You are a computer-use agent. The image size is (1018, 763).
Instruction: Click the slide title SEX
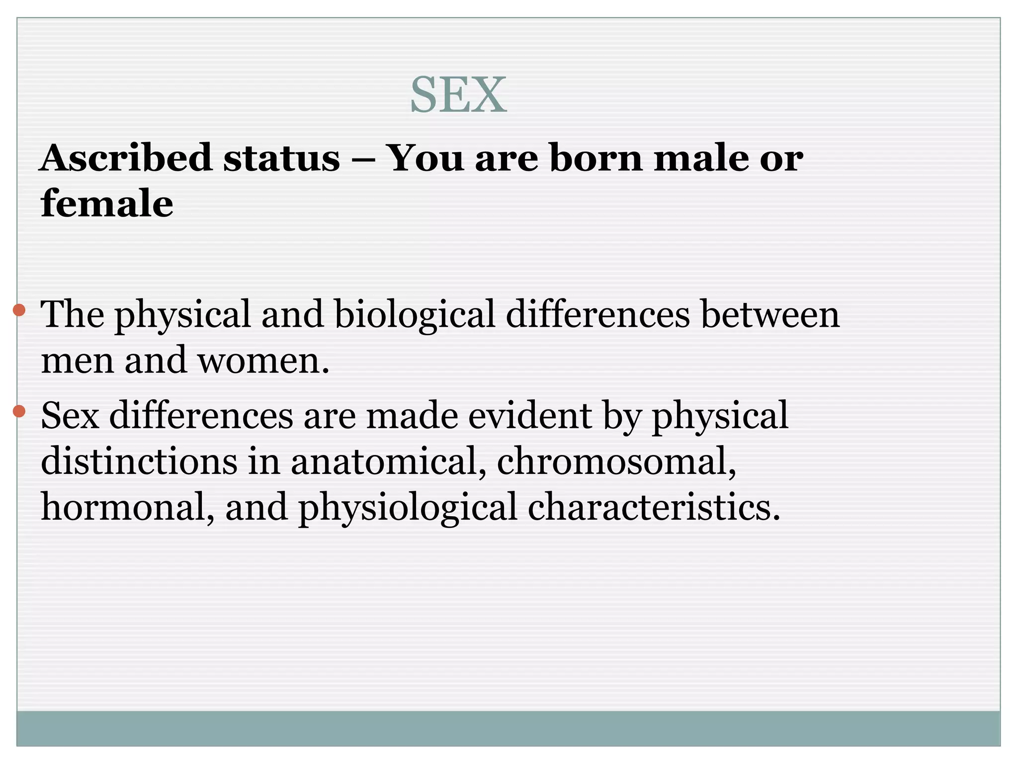458,95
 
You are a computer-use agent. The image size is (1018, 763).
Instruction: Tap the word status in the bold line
281,158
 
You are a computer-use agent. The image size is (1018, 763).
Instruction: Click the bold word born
596,158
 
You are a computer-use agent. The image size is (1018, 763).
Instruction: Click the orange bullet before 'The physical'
19,310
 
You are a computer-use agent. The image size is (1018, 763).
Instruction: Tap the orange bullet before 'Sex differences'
19,411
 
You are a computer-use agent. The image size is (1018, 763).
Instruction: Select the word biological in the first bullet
415,315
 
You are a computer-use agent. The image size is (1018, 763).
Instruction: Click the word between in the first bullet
770,315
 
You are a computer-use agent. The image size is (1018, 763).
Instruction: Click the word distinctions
139,461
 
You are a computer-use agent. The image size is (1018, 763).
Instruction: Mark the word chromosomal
616,461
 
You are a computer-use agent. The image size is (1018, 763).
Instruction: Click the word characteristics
654,507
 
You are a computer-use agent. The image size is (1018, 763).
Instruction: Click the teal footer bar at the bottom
508,728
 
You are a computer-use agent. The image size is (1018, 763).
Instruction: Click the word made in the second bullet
412,415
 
